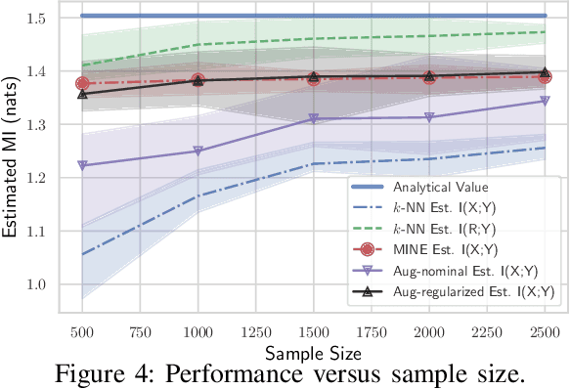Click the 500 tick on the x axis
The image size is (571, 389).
tap(82, 331)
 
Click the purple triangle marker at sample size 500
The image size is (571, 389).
tap(82, 165)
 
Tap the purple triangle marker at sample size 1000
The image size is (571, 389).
tap(198, 151)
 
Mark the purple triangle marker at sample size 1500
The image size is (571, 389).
tap(313, 118)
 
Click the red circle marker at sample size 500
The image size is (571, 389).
tap(82, 84)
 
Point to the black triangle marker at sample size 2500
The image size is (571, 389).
tap(545, 73)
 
